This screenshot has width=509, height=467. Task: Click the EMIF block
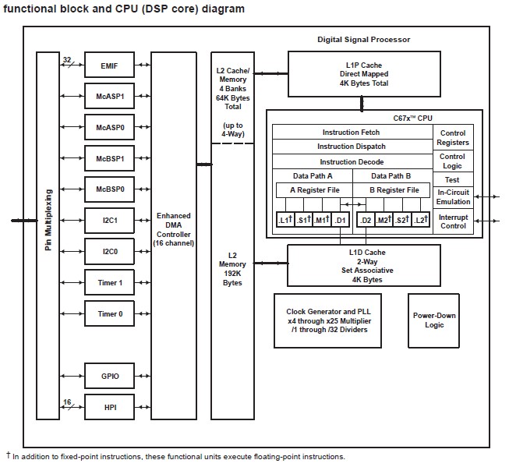pyautogui.click(x=109, y=65)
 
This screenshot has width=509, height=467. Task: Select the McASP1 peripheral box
pyautogui.click(x=109, y=97)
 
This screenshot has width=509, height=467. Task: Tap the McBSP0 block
pyautogui.click(x=109, y=189)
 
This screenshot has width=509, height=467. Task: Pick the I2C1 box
pyautogui.click(x=109, y=221)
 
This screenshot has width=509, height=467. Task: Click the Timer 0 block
pyautogui.click(x=109, y=314)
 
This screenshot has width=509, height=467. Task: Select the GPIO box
pyautogui.click(x=109, y=376)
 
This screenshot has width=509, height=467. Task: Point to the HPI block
pyautogui.click(x=109, y=406)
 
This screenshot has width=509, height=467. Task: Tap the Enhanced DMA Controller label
pyautogui.click(x=173, y=229)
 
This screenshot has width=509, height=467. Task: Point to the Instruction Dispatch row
pyautogui.click(x=351, y=147)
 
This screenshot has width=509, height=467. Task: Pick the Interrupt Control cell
pyautogui.click(x=453, y=221)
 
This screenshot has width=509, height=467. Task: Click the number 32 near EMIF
pyautogui.click(x=68, y=58)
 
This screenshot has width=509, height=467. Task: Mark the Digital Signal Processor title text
pyautogui.click(x=363, y=39)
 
